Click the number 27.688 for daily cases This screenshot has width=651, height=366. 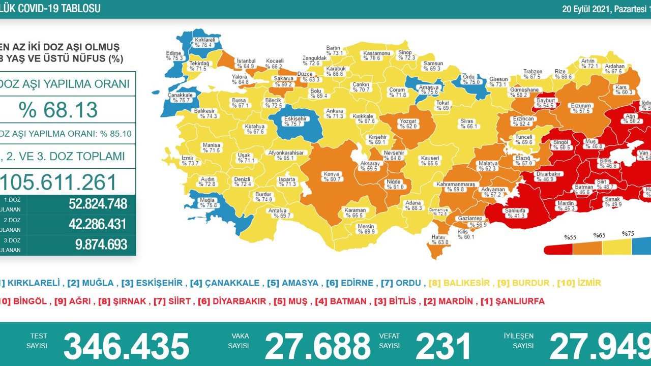pos(317,347)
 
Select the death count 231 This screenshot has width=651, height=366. pos(443,347)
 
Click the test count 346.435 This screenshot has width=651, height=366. pos(126,347)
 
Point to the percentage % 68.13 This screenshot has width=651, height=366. pos(58,109)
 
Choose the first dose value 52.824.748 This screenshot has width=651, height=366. pos(98,204)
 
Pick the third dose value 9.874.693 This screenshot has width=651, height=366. pos(101,245)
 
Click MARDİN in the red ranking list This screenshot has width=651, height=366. pos(456,301)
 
